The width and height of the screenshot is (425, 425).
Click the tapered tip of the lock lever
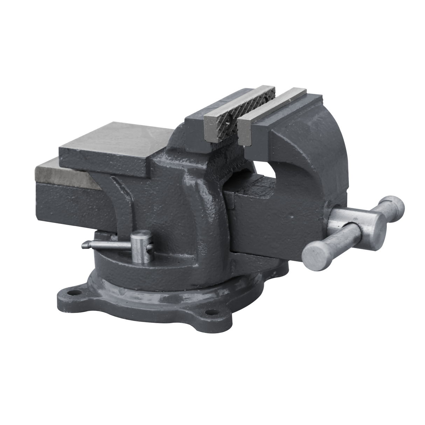click(x=84, y=245)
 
